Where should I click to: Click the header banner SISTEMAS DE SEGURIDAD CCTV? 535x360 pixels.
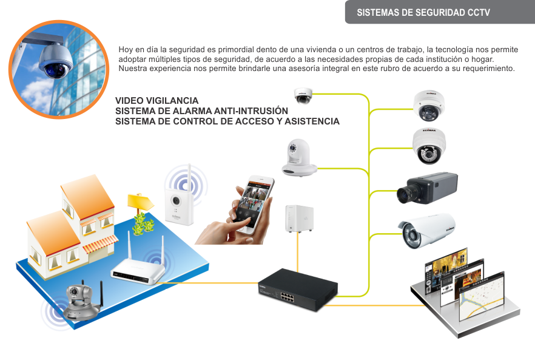(423, 13)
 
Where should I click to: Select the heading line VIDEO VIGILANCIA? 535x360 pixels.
(156, 100)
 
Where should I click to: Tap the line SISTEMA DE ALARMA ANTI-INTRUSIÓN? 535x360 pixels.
(201, 111)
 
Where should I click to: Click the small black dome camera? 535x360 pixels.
(303, 96)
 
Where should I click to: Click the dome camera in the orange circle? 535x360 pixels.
(55, 61)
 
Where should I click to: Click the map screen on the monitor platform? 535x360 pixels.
(481, 299)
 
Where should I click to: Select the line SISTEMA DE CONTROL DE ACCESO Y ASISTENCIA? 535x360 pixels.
(227, 121)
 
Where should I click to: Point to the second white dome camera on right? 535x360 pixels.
(429, 144)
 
